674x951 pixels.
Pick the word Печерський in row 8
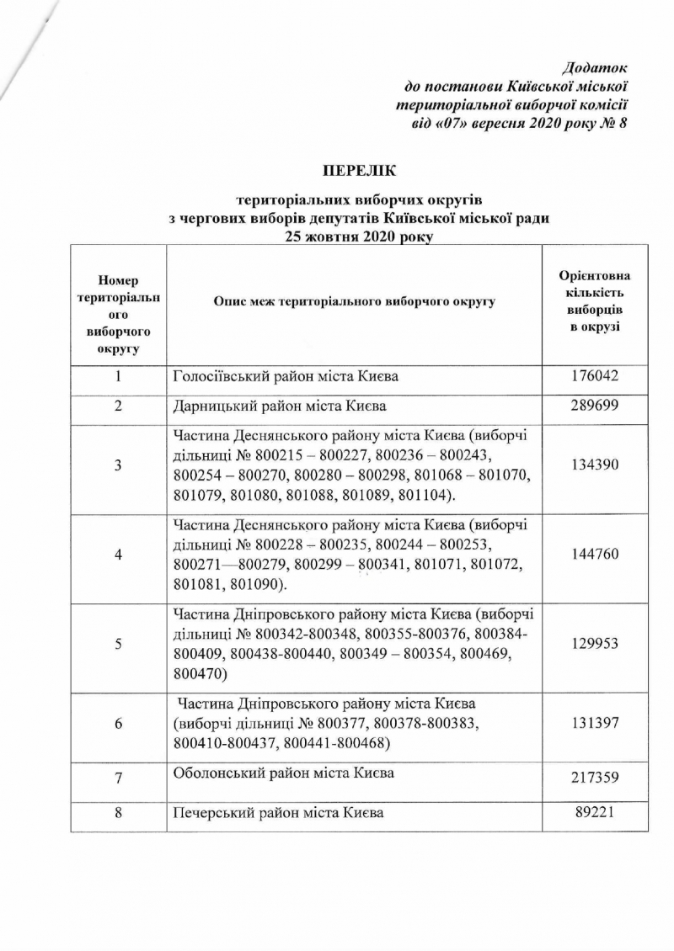pos(210,814)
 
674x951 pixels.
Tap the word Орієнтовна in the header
pos(595,276)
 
